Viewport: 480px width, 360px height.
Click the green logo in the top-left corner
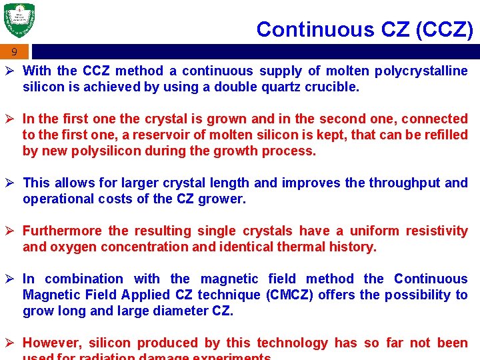[x=19, y=21]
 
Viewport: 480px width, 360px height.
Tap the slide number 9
[x=14, y=52]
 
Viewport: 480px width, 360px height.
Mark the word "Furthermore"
[x=62, y=231]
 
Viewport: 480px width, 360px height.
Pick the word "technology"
[x=292, y=343]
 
